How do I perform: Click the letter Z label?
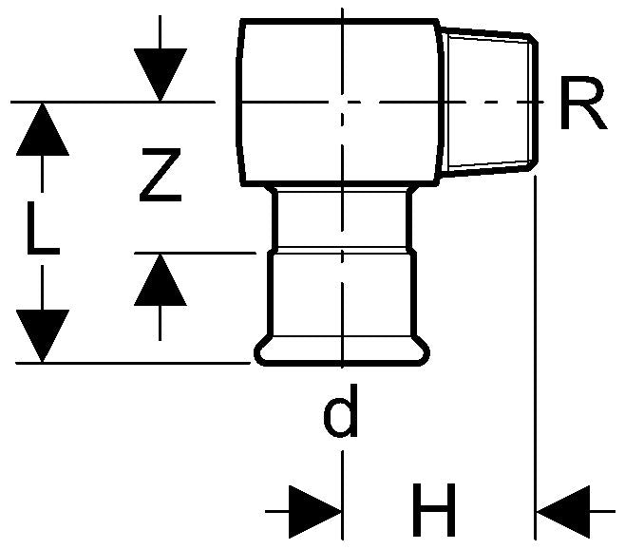click(159, 176)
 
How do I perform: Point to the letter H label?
click(435, 510)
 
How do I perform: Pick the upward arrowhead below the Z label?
click(160, 280)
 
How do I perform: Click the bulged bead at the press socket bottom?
click(342, 353)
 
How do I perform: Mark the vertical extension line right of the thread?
click(537, 332)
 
